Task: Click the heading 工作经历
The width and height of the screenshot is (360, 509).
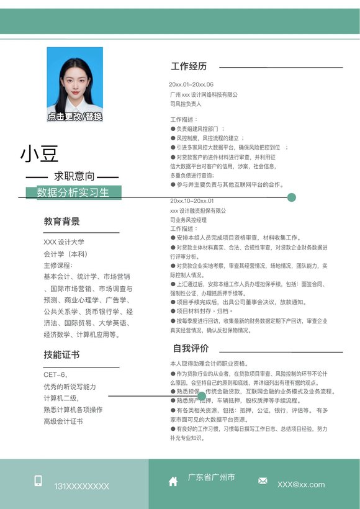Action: coord(189,66)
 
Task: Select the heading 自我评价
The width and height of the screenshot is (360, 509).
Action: coord(191,348)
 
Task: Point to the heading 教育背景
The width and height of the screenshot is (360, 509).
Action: coord(61,222)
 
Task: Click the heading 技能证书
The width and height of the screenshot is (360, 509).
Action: coord(61,354)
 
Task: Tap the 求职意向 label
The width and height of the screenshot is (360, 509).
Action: coord(74,176)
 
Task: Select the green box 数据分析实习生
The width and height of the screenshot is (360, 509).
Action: coord(73,192)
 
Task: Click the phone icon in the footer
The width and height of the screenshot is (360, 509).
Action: coord(38,481)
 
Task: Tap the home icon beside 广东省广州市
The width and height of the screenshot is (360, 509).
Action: coord(173,481)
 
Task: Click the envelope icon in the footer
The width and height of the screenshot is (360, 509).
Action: coord(263,481)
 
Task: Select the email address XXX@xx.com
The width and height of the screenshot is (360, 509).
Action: coord(301,484)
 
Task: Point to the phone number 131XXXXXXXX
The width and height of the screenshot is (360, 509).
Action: coord(81,486)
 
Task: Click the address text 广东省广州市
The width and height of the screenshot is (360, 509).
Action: coord(211,477)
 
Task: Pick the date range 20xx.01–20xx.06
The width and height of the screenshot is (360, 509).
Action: coord(192,84)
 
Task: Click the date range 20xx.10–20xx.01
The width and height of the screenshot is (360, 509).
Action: coord(192,201)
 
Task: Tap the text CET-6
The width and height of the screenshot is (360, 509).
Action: coord(55,375)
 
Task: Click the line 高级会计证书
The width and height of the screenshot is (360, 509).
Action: coord(63,421)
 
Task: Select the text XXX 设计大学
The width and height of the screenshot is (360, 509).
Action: coord(64,242)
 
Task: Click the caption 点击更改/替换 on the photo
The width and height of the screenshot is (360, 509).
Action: coord(75,116)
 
